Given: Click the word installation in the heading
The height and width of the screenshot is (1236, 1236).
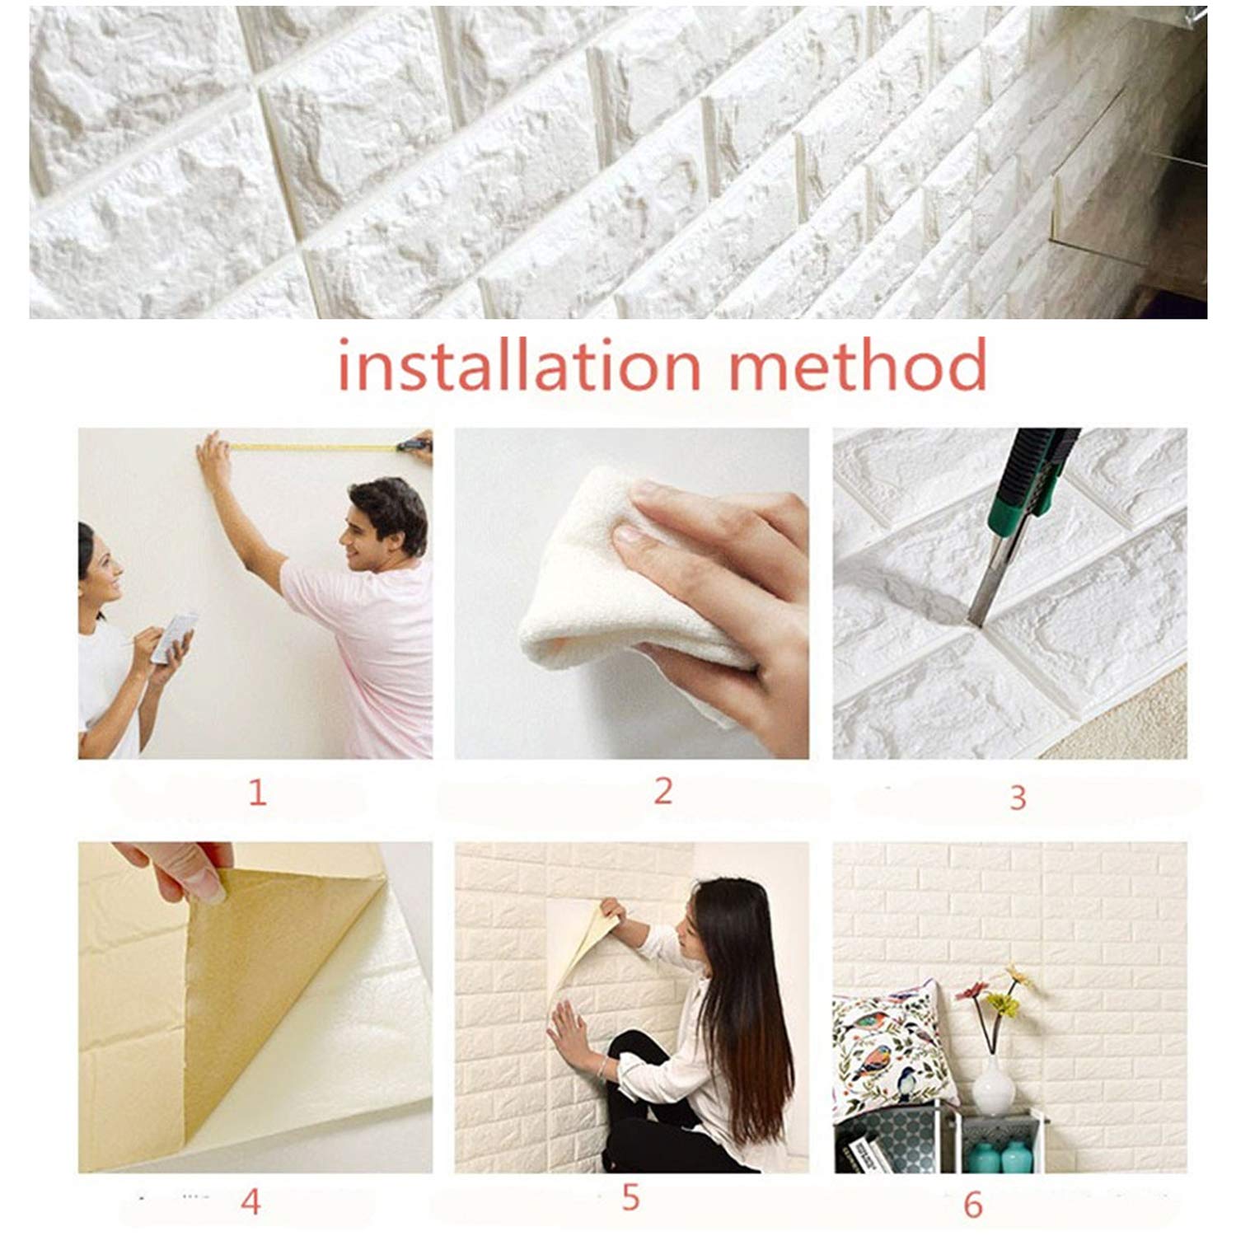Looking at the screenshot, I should click(x=519, y=365).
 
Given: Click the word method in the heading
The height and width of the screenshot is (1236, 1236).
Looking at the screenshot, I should click(x=857, y=365).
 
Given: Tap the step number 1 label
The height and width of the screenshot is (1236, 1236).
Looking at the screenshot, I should click(x=257, y=793).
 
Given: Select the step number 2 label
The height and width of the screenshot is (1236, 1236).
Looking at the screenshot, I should click(x=663, y=791).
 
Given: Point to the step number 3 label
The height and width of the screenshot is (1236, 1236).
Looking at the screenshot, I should click(x=1018, y=798).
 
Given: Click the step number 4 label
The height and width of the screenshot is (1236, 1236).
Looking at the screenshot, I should click(x=250, y=1202).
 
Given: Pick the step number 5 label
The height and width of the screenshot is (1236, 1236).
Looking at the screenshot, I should click(x=630, y=1197).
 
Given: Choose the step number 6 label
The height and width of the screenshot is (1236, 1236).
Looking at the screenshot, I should click(x=973, y=1205).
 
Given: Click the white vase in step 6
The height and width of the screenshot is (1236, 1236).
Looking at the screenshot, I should click(x=994, y=1084).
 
